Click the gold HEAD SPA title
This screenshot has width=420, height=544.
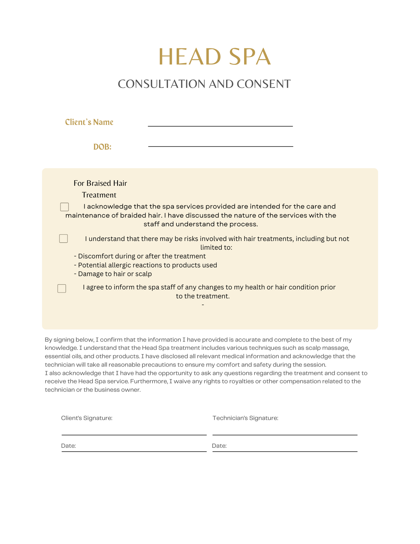click(215, 57)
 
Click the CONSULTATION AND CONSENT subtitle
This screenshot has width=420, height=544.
click(204, 84)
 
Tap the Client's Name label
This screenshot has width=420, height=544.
click(89, 122)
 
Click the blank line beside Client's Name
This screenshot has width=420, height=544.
click(220, 126)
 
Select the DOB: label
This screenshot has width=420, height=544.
click(102, 147)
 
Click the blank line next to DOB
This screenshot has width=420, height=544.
click(220, 146)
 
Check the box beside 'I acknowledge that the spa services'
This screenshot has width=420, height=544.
click(65, 207)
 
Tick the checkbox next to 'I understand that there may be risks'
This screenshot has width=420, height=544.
click(63, 239)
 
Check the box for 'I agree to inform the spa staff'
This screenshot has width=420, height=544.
click(62, 288)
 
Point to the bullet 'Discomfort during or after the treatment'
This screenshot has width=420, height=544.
click(140, 256)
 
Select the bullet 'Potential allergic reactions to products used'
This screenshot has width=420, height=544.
click(145, 265)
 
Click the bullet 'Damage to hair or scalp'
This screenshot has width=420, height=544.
click(113, 274)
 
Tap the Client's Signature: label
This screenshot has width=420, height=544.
click(87, 418)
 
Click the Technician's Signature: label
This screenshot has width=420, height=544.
click(245, 418)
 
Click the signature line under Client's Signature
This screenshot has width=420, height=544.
click(134, 434)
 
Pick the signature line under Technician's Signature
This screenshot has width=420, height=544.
click(285, 434)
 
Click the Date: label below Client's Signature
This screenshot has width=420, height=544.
click(69, 446)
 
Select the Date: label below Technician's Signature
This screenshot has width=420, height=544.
click(219, 446)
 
